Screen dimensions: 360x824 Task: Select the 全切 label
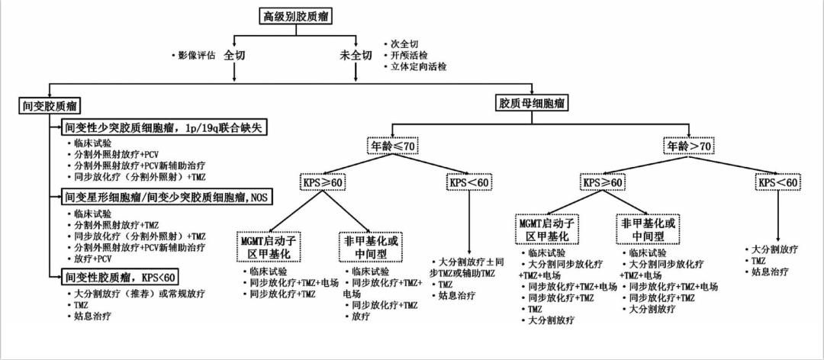pos(233,56)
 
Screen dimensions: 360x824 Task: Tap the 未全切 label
pos(356,56)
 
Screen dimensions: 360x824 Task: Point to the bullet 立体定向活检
pos(417,67)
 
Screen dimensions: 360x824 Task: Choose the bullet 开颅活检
pos(412,56)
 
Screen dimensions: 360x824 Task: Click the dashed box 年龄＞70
pos(690,146)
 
